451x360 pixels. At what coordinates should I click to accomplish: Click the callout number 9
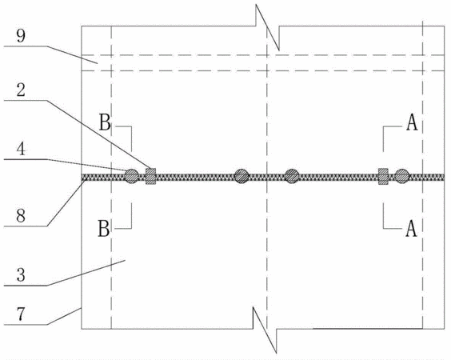(21, 36)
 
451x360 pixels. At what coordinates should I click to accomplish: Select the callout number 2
(21, 90)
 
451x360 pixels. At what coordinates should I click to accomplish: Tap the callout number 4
(21, 149)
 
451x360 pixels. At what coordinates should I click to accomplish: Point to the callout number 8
(21, 215)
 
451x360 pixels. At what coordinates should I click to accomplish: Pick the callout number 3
(21, 275)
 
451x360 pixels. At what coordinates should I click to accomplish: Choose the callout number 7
(21, 314)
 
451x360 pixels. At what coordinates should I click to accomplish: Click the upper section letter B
(105, 122)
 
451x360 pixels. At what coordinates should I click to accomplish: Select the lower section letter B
(104, 229)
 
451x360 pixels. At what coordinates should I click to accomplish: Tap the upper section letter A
(412, 123)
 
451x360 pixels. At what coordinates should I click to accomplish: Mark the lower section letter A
(411, 229)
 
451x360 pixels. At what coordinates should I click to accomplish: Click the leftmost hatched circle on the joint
(132, 176)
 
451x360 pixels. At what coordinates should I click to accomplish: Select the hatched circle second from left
(241, 176)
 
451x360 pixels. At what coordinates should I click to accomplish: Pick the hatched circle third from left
(292, 176)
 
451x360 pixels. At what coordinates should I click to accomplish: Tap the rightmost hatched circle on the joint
(401, 176)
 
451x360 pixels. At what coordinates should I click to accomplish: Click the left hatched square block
(150, 176)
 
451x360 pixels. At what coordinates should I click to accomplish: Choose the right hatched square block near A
(383, 176)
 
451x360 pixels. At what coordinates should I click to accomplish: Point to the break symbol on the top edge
(268, 27)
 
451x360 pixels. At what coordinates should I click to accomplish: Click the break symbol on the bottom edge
(265, 330)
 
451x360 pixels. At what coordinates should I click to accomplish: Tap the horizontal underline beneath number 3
(26, 286)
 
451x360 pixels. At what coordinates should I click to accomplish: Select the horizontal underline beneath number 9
(26, 46)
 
